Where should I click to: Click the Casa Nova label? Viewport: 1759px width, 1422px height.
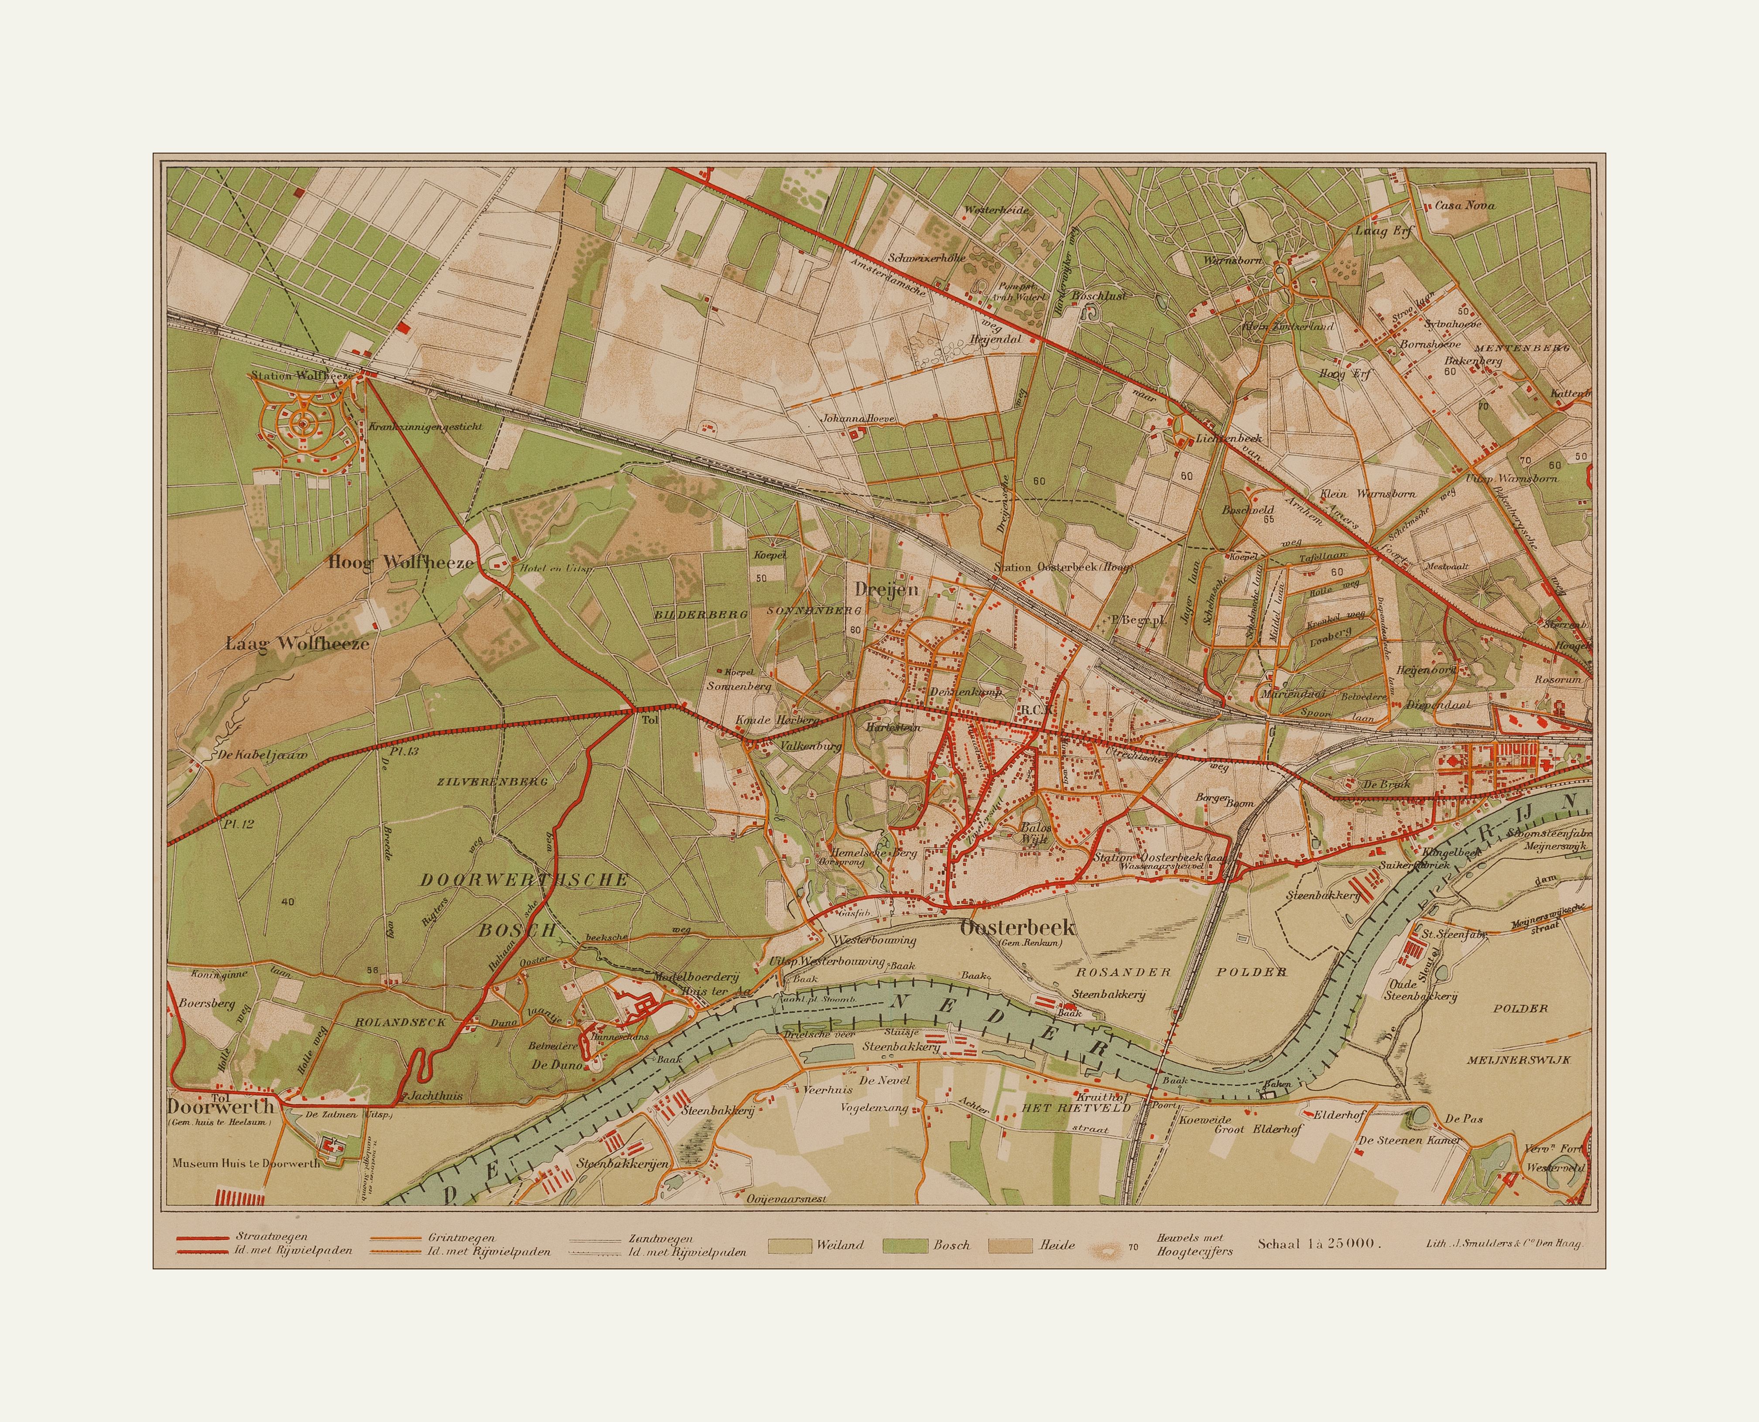pos(1465,205)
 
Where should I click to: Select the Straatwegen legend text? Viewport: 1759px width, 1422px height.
pos(271,1237)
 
